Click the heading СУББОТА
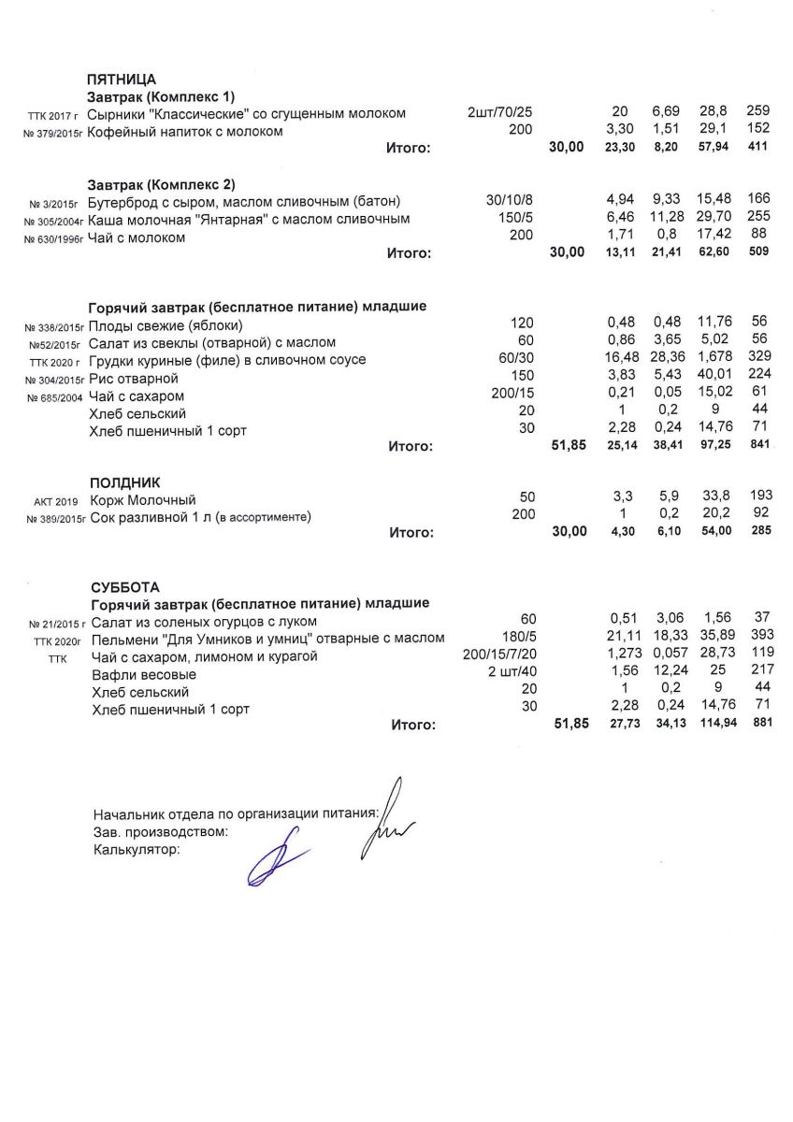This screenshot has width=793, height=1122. (124, 587)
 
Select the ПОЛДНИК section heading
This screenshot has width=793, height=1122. (124, 482)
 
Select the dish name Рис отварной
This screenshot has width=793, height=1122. (133, 379)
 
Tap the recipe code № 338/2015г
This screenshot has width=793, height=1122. (54, 326)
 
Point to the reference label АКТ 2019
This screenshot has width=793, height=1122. (56, 501)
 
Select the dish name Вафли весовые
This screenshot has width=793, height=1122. (143, 674)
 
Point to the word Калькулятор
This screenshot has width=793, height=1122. (136, 850)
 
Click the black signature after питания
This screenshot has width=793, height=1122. (389, 813)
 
